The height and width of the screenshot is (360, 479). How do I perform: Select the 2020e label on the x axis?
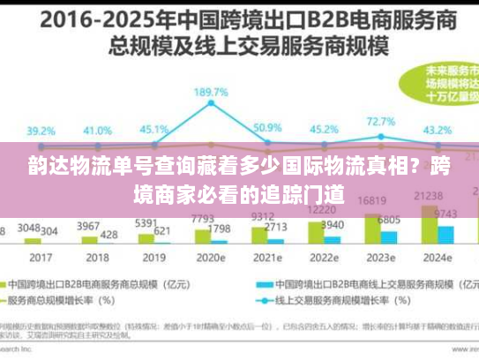tap(210, 259)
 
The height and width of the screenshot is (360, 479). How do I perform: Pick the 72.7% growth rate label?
tap(380, 121)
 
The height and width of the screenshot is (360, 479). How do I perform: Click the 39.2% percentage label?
tap(41, 129)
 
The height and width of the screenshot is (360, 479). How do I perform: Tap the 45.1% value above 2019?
tap(154, 129)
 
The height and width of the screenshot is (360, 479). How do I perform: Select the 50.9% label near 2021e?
tap(266, 127)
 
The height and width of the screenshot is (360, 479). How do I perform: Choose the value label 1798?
tap(219, 229)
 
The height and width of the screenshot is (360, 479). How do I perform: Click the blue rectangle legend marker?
tap(263, 286)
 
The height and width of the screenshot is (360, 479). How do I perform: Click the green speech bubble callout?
tap(442, 85)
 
